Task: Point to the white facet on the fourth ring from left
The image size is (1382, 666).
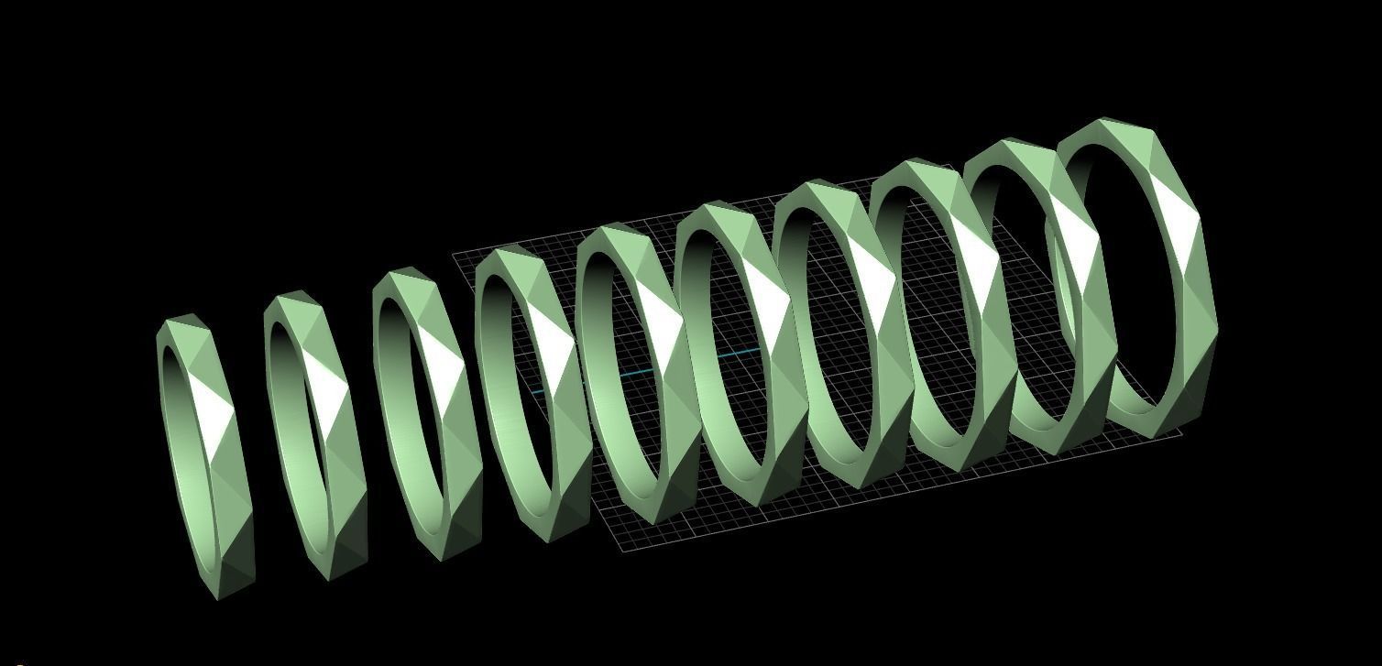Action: pyautogui.click(x=552, y=339)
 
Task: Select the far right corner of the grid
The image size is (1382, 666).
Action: pyautogui.click(x=1182, y=432)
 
